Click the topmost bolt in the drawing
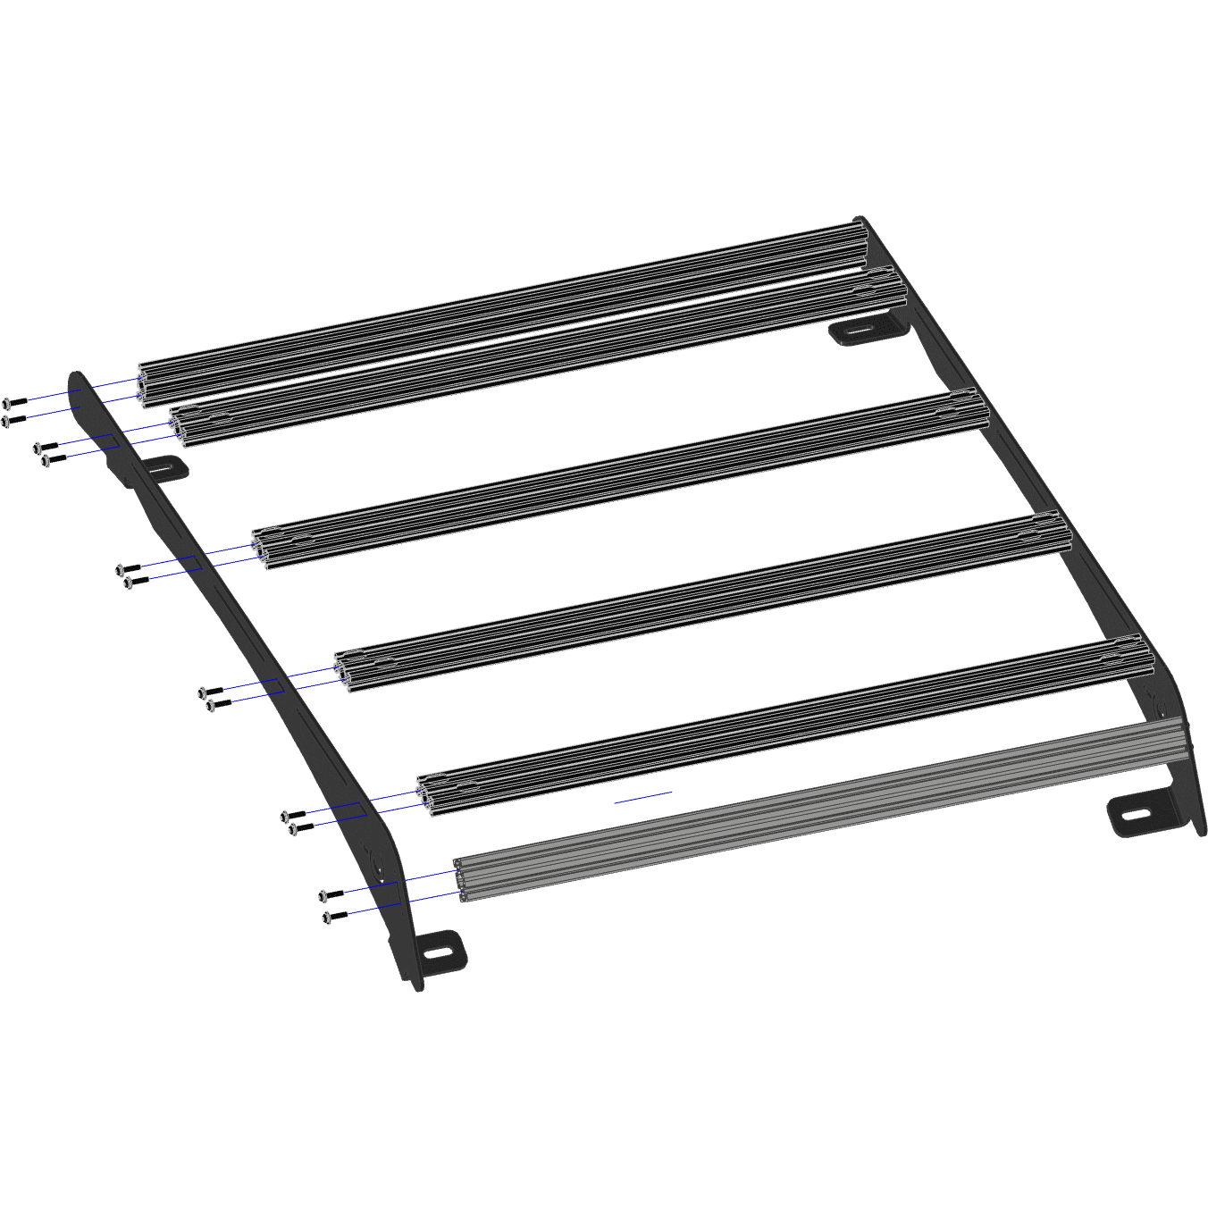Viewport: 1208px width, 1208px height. click(13, 403)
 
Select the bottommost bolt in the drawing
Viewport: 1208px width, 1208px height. click(332, 917)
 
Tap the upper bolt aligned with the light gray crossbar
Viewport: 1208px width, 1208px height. click(330, 894)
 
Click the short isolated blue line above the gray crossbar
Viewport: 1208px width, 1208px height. click(642, 797)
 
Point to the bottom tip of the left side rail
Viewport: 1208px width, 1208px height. click(417, 986)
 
